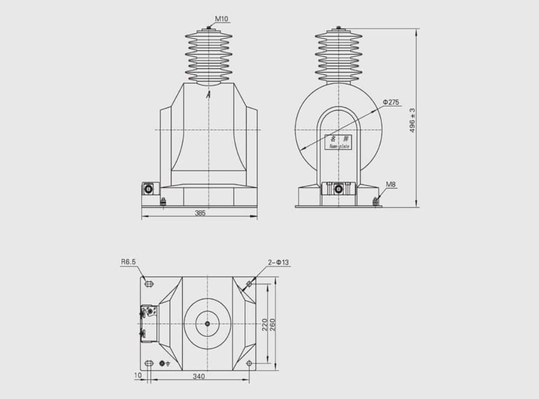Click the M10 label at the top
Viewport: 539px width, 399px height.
point(222,19)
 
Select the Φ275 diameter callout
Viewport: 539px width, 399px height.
point(391,102)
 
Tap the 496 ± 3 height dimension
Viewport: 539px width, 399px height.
point(412,120)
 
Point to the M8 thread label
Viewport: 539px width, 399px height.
point(391,185)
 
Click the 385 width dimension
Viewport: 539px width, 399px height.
point(200,213)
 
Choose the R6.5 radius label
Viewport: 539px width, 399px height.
point(128,261)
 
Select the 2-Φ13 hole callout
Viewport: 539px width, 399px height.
point(278,262)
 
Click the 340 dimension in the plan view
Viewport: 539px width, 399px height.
point(199,377)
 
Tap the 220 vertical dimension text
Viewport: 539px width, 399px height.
point(265,325)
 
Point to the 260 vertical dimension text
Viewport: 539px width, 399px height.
point(272,325)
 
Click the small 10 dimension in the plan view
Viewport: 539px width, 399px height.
point(138,375)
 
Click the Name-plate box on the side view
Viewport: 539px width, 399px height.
point(338,142)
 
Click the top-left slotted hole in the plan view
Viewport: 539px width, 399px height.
point(149,284)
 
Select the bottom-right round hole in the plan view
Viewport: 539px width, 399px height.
point(249,363)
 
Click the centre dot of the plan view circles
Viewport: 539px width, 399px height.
point(208,323)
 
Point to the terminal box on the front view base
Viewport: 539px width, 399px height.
point(149,189)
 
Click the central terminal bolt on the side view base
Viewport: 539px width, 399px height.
point(338,189)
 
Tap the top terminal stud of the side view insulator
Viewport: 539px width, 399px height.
point(338,28)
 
